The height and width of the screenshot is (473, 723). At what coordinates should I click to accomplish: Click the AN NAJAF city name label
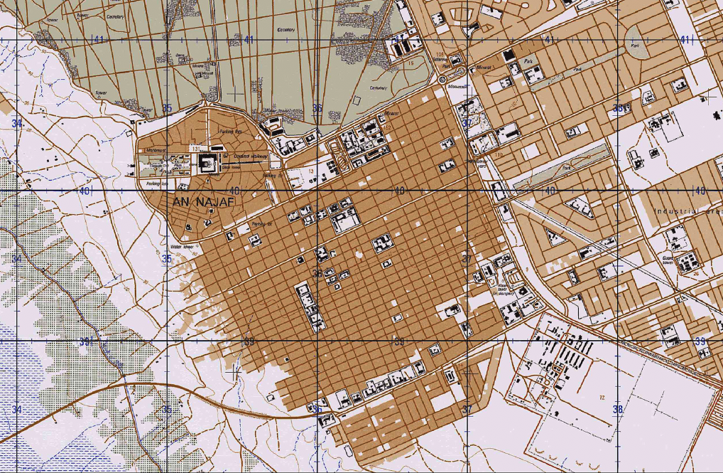pos(203,203)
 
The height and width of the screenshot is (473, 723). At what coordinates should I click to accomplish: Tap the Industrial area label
pos(685,211)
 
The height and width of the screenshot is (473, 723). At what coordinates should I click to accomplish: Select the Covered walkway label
pos(253,156)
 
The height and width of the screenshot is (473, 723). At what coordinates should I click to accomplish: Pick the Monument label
pos(156,151)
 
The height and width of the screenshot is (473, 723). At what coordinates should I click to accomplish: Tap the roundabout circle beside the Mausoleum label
pos(442,80)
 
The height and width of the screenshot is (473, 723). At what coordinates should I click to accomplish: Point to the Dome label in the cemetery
pos(180,55)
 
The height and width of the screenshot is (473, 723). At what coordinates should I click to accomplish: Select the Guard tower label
pos(668,260)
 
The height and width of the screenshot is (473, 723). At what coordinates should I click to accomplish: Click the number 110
pos(499,154)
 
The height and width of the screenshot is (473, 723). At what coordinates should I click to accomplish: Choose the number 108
pos(440,54)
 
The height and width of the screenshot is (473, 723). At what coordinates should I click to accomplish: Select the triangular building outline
pos(580,207)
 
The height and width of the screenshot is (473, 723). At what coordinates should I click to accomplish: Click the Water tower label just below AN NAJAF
pos(183,247)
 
